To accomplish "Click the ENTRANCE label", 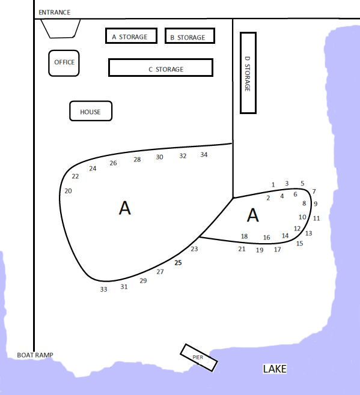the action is tap(54, 13).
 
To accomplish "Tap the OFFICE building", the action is tap(64, 63).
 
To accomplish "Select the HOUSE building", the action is tap(91, 111).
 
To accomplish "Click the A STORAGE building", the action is tap(131, 36).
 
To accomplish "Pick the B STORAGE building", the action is tap(190, 36).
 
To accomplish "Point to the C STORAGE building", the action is tap(160, 67).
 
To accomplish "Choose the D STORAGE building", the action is tap(248, 73).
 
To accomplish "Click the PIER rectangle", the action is tap(199, 357).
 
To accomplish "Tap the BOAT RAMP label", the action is tap(35, 355).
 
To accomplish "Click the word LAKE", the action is tap(275, 369).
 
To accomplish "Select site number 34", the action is tap(204, 155).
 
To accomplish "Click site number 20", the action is tap(68, 191).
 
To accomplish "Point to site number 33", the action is tap(103, 289).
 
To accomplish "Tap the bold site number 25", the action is tap(178, 263).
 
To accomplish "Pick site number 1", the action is tap(273, 185).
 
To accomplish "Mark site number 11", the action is tap(316, 219).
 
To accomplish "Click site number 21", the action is tap(242, 249).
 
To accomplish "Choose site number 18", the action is tap(244, 237).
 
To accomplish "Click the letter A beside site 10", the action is tap(253, 215).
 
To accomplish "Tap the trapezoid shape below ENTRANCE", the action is tap(61, 28).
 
